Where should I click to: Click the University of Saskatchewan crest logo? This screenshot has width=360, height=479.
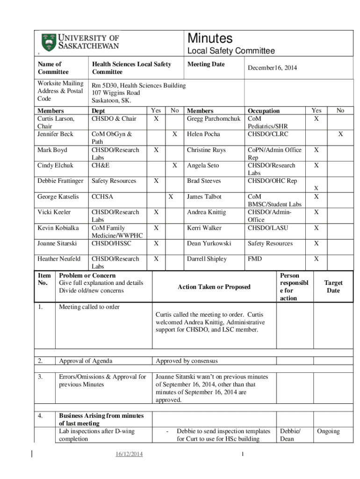[48, 42]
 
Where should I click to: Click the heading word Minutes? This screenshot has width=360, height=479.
[209, 38]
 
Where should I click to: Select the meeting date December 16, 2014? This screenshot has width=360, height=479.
[272, 68]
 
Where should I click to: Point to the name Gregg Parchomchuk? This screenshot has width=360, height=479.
[214, 119]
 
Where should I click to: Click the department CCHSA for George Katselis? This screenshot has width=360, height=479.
[102, 197]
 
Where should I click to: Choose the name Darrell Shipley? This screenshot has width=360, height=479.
[207, 259]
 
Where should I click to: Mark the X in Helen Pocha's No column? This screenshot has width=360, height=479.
[340, 134]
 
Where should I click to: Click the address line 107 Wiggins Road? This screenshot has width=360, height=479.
[115, 93]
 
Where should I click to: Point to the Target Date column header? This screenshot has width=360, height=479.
[333, 287]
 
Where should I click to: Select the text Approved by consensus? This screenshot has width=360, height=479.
[187, 361]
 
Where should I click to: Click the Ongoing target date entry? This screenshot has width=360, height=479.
[328, 431]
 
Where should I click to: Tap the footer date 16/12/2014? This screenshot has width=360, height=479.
[129, 455]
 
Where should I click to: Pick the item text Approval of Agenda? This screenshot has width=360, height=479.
[86, 361]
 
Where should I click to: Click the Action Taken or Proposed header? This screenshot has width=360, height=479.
[214, 287]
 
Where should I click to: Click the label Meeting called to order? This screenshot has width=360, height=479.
[89, 307]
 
